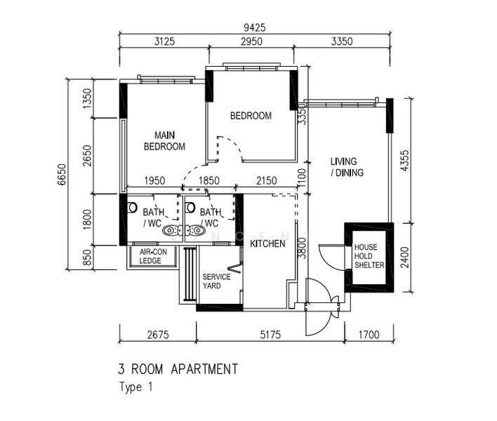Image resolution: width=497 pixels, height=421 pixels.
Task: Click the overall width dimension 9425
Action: pos(255,28)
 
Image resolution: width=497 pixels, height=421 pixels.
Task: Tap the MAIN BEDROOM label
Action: pos(164,141)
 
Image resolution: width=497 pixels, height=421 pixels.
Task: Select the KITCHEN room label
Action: pos(267,243)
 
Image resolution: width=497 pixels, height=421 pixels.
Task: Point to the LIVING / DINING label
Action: pos(347,167)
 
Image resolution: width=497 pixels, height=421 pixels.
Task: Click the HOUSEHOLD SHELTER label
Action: pos(369,256)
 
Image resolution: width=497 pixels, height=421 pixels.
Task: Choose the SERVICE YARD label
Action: pos(216,281)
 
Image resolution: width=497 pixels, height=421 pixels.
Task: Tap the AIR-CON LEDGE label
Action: pos(153,256)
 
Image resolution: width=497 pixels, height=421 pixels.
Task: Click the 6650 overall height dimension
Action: pos(62,174)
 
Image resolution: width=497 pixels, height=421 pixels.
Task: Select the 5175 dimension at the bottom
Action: pos(270,335)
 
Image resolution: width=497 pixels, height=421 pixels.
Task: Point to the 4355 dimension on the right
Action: pos(405,161)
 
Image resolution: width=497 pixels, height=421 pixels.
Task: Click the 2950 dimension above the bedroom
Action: pos(251,41)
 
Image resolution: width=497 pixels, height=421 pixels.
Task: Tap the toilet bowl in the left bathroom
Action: pos(131,208)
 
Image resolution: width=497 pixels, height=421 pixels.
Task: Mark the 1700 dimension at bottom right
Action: pos(369,335)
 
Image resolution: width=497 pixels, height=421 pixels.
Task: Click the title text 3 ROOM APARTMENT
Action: pos(178,369)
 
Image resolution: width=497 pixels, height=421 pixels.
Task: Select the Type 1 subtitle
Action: pos(135,387)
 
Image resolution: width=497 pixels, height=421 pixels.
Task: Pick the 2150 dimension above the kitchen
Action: pos(266,180)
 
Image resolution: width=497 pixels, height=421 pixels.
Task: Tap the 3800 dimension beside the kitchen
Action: pos(303,248)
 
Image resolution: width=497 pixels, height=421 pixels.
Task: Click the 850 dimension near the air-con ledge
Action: pos(87,258)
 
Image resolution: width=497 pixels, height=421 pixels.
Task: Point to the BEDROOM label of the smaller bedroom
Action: pos(251,116)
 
